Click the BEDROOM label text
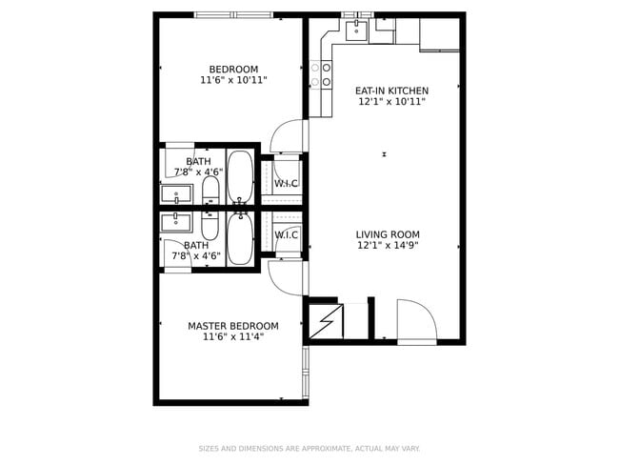[x=233, y=69]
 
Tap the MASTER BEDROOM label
[x=233, y=325]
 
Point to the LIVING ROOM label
[x=388, y=234]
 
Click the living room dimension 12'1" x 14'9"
[x=388, y=246]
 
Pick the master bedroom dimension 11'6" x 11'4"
[x=233, y=336]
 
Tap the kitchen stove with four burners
[x=320, y=74]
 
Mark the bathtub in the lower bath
[x=240, y=239]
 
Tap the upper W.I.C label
[x=287, y=183]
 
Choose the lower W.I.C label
[x=287, y=234]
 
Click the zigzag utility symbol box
[x=326, y=322]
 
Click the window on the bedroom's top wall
[x=233, y=14]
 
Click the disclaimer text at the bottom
[x=309, y=448]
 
